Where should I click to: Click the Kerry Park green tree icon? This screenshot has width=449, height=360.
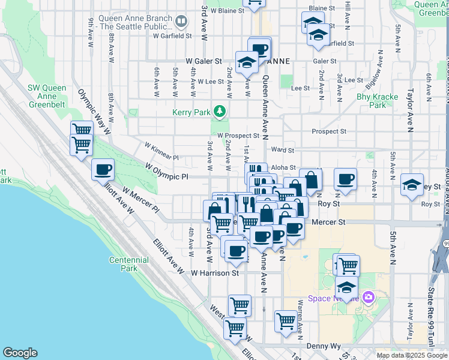(220, 111)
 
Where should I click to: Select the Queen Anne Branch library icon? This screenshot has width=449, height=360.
(181, 22)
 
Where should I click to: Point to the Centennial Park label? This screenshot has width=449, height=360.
(125, 264)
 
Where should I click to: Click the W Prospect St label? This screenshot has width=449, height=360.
(238, 136)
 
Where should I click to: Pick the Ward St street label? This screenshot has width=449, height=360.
(283, 150)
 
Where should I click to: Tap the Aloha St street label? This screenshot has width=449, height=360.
(285, 168)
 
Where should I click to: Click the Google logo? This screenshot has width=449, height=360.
(20, 353)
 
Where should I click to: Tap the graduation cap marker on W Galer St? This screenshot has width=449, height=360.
(247, 62)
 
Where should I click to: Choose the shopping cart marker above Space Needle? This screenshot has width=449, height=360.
(348, 265)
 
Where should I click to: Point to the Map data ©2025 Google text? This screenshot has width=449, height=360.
(411, 355)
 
